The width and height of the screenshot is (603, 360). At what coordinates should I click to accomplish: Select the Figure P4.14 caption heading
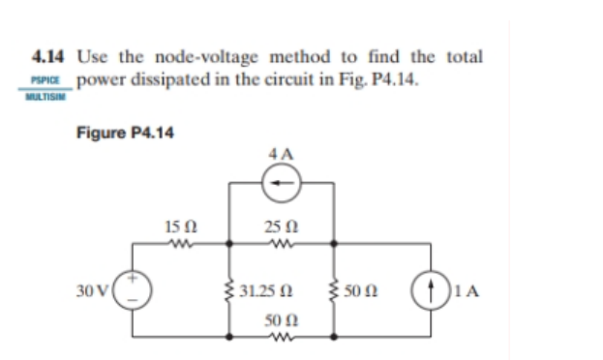coord(125,132)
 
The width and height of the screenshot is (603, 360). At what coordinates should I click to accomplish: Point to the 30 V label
coord(95,289)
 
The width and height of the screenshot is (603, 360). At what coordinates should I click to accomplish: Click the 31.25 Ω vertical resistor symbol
coord(228,289)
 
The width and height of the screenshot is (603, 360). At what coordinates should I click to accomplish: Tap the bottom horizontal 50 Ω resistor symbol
coord(282,337)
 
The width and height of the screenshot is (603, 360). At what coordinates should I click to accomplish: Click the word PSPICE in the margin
coord(45,80)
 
